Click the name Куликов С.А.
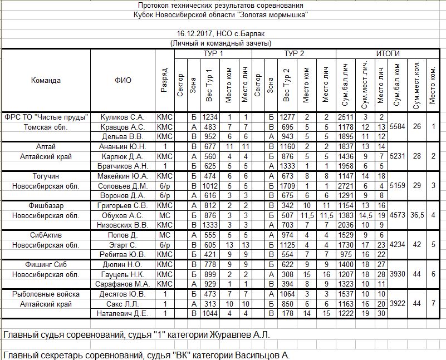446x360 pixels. (x=122, y=117)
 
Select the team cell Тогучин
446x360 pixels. (x=46, y=176)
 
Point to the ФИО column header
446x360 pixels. (x=123, y=80)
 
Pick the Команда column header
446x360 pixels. (x=46, y=80)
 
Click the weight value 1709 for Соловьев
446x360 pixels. (x=287, y=186)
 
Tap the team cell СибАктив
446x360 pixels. (x=46, y=235)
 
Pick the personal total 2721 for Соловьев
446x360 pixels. (x=345, y=186)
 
